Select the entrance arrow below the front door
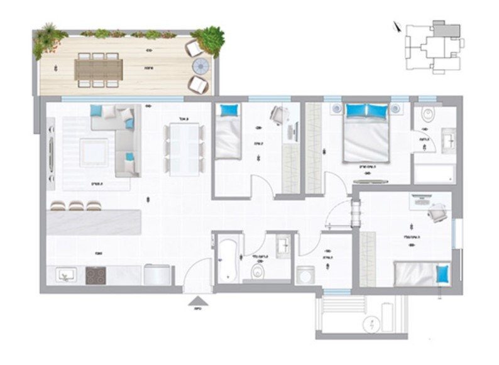(x=197, y=301)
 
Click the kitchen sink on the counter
(x=65, y=275)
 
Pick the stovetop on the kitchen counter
(x=96, y=275)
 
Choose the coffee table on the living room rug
(x=94, y=151)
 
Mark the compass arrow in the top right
(x=394, y=27)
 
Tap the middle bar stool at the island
(x=77, y=205)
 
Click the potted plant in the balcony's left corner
(x=48, y=39)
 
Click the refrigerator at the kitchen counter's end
(x=157, y=275)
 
